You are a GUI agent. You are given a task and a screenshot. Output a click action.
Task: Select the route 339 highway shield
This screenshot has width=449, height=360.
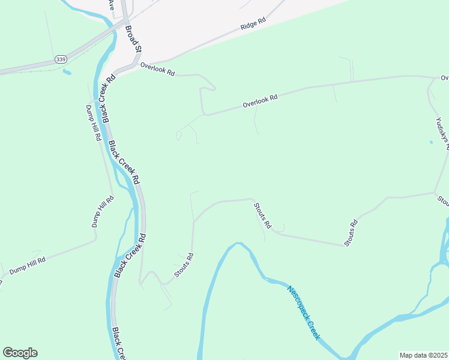60,59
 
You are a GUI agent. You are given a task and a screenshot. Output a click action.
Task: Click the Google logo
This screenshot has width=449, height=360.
20,353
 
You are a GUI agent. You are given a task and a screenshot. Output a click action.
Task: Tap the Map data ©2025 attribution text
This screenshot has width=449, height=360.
424,355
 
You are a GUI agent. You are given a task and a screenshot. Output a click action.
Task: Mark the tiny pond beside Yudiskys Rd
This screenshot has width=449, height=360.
430,142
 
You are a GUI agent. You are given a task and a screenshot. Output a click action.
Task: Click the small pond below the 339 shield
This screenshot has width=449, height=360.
66,73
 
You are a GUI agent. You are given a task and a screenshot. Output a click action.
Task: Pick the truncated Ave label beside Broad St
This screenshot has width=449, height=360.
110,4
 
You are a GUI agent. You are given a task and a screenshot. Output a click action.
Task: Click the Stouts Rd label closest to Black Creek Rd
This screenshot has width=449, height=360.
185,265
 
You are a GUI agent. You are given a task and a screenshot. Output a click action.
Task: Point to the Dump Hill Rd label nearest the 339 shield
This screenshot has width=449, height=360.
94,124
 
